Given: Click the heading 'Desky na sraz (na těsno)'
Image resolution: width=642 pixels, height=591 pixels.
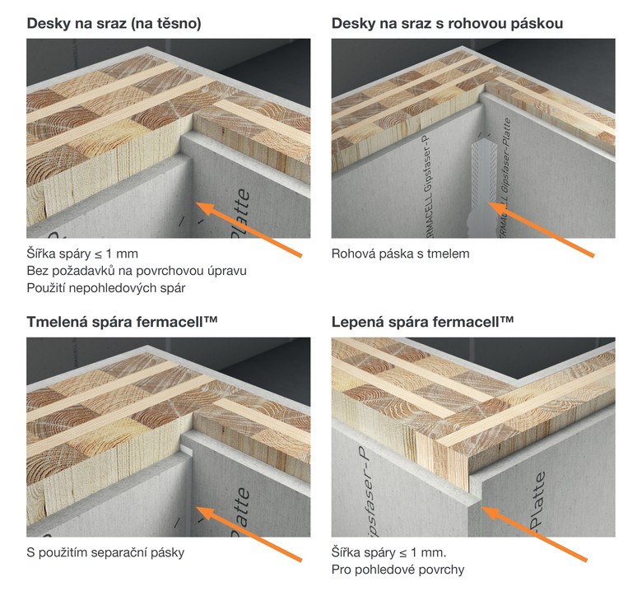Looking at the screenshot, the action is [114, 23].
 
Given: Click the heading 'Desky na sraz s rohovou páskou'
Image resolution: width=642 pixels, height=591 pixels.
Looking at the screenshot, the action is [447, 23].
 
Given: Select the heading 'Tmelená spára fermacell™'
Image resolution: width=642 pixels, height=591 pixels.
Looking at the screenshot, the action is [122, 322].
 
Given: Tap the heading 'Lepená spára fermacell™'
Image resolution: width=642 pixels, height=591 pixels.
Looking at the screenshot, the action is [422, 322].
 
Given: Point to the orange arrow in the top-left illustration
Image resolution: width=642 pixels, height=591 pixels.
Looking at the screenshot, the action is [249, 230].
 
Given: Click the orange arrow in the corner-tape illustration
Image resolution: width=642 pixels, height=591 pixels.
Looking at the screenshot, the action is [541, 230].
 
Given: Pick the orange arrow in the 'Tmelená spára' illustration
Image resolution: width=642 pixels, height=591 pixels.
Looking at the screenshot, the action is [249, 533].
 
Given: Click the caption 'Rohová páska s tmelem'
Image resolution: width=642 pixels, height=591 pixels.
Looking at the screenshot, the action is [401, 254].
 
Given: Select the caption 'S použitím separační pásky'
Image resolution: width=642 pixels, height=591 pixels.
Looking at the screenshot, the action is [105, 553].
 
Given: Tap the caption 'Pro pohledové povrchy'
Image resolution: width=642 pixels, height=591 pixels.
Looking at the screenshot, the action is [398, 570].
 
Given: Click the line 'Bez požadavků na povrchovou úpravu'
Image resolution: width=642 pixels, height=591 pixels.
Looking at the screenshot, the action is [137, 271].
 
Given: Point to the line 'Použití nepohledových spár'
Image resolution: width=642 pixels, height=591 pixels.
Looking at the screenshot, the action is [106, 288].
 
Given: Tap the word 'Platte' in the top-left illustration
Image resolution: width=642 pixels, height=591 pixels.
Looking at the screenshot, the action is [241, 213].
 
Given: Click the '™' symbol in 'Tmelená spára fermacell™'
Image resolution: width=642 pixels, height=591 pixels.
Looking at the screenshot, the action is [210, 319].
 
